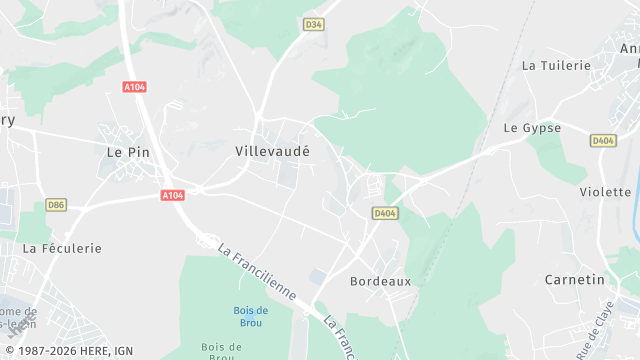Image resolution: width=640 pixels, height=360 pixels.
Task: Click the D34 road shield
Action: tap(314, 24)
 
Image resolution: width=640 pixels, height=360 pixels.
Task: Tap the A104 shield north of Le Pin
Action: tap(135, 88)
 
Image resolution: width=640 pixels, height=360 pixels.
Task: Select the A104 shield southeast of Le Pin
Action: tap(173, 196)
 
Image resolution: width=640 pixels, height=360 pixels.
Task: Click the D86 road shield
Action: tap(56, 205)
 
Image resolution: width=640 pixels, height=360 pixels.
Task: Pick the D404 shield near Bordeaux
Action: tap(384, 213)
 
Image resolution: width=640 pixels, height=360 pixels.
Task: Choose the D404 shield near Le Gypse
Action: tap(602, 141)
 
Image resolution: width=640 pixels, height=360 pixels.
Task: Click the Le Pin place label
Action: tap(127, 152)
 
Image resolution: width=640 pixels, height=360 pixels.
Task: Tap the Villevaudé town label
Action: tap(272, 151)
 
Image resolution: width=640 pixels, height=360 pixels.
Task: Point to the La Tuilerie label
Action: tap(557, 65)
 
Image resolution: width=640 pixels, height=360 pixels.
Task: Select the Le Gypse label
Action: tap(532, 128)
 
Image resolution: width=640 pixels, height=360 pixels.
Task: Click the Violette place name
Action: tap(605, 191)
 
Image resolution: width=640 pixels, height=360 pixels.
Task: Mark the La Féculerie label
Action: tap(62, 248)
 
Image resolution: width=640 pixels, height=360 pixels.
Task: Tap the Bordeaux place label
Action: tap(380, 282)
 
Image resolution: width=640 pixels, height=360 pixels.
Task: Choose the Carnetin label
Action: tap(575, 280)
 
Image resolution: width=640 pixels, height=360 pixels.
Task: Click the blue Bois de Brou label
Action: tap(250, 316)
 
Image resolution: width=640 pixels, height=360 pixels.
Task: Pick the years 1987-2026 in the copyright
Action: tap(48, 351)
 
